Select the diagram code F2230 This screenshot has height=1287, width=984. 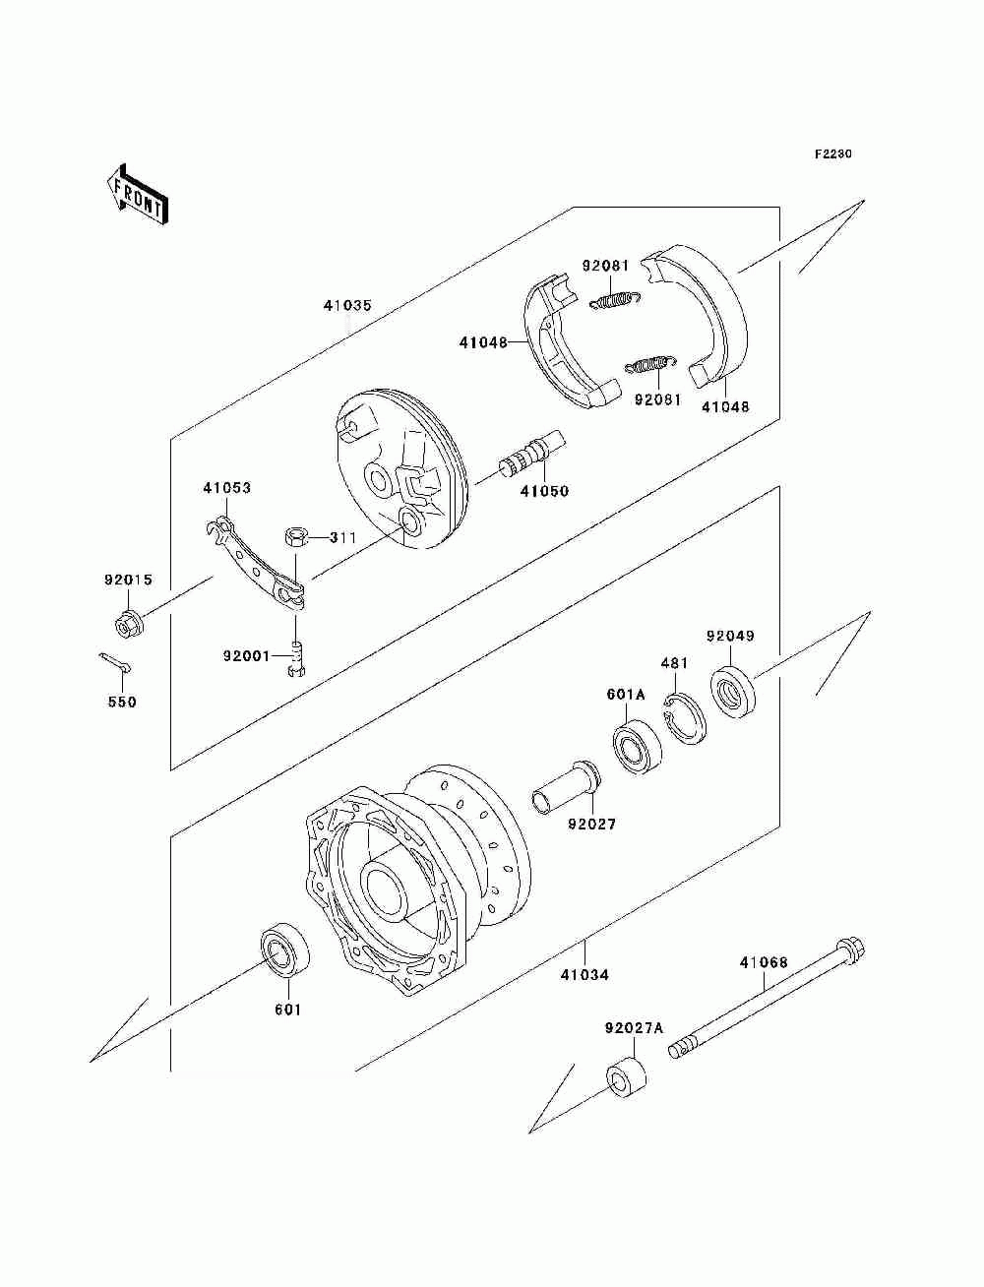pos(831,154)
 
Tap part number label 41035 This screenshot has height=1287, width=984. pos(347,306)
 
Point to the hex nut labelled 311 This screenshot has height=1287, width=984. pos(296,537)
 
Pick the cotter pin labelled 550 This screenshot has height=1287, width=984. pos(115,665)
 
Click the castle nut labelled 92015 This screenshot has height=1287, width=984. pos(128,623)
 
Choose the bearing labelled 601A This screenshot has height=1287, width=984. pos(637,746)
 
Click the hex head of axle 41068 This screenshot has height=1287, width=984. pos(850,952)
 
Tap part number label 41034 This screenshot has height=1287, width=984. pos(584,975)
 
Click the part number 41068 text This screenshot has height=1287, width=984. pos(764,962)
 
